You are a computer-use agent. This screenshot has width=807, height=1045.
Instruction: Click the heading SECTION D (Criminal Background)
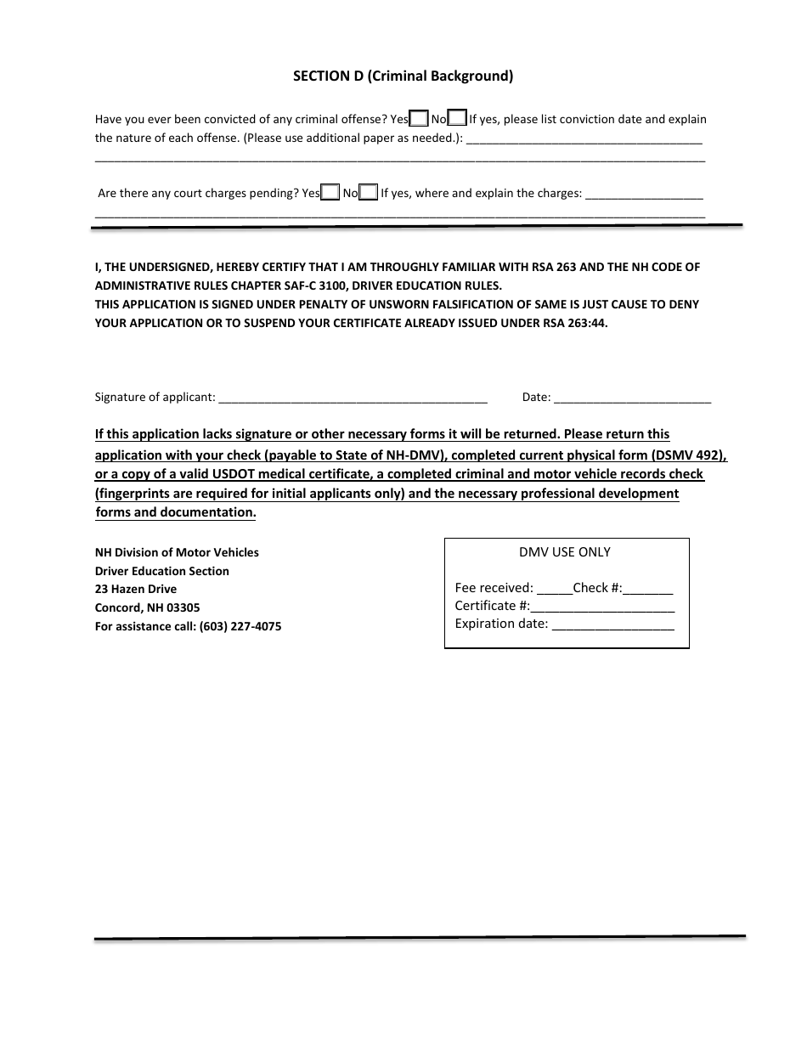pos(403,76)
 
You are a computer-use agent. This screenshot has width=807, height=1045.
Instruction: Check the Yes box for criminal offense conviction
pos(419,119)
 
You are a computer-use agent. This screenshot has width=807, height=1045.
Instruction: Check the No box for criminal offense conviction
pos(457,119)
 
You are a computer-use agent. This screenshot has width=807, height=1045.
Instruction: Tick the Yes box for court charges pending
pos(330,193)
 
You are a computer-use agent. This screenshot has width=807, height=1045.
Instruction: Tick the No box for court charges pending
pos(369,193)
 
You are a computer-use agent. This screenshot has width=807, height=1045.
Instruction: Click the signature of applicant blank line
pos(353,398)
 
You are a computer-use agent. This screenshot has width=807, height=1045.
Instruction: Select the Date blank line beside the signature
pos(632,398)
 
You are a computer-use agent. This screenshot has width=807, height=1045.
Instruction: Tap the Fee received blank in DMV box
pos(555,589)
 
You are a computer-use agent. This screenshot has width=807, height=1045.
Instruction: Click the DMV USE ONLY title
pos(565,552)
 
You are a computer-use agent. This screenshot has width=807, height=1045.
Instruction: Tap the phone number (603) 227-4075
pos(240,626)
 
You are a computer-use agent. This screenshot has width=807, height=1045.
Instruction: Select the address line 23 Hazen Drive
pos(136,589)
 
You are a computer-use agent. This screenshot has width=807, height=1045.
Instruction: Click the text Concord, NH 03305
pos(148,607)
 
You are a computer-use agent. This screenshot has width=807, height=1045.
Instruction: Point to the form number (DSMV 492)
pos(685,455)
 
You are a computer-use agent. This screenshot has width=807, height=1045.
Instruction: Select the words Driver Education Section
pos(162,571)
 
